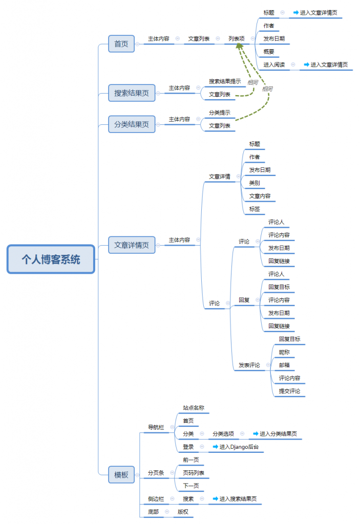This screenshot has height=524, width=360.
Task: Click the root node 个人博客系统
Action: coord(51,259)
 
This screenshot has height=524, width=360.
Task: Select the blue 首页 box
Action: coord(121,43)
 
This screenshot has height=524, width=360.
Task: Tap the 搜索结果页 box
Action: coord(132,93)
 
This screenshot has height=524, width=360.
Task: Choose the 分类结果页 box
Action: coord(132,124)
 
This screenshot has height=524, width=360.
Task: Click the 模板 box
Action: coord(121,474)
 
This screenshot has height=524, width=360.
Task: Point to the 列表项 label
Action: coord(237,38)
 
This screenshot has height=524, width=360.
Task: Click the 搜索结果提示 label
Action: coord(224,81)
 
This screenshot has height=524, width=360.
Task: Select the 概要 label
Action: coord(269,52)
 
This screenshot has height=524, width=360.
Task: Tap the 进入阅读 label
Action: coord(274,64)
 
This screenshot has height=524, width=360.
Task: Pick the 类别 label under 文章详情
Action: coord(255,183)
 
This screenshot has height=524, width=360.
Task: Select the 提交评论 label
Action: coord(289,391)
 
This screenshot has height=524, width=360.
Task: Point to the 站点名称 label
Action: coord(194,408)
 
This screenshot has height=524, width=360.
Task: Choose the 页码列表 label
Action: coord(194,473)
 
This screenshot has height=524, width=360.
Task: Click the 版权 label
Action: coord(183,511)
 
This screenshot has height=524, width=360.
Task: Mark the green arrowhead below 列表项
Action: coord(239,46)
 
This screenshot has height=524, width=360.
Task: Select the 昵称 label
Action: coord(284,352)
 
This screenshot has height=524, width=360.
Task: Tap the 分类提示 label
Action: coord(219,113)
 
